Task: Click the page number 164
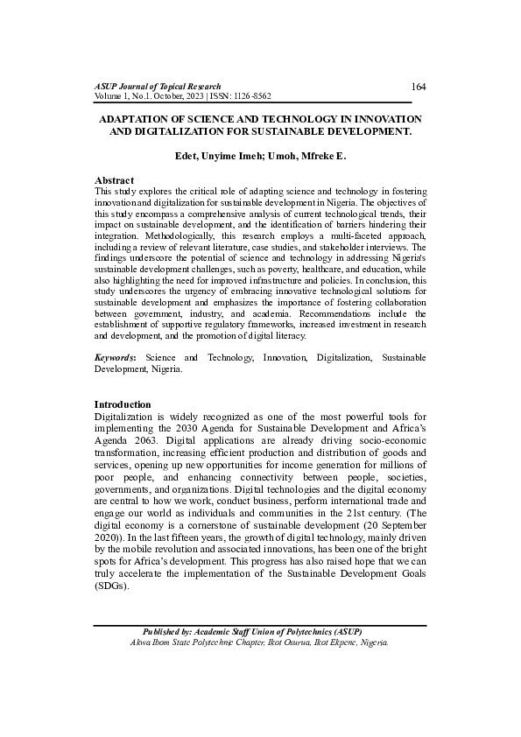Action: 418,86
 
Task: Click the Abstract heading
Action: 114,179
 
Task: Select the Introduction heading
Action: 123,404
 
